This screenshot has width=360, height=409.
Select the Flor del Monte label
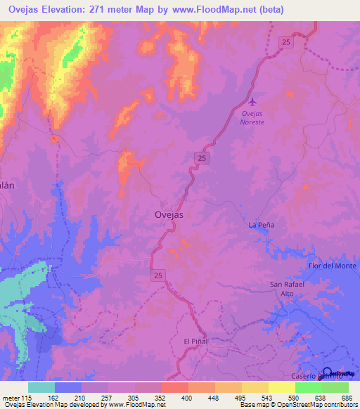[333, 266]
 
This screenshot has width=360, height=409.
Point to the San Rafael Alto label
[286, 288]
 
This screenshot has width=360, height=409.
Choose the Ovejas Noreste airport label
[252, 117]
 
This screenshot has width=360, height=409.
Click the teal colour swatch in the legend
[41, 387]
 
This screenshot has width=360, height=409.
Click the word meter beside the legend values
[11, 398]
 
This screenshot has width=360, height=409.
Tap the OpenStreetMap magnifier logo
[328, 373]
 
